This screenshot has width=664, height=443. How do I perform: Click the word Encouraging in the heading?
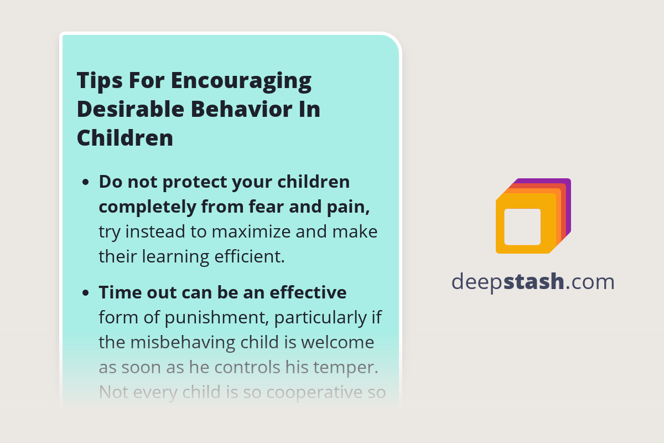(241, 81)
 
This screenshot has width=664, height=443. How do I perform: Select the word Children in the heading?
(125, 137)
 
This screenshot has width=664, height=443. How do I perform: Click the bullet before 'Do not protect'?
(85, 182)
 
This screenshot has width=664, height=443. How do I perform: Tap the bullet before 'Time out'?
(85, 293)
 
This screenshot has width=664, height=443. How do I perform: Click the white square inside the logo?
(522, 226)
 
